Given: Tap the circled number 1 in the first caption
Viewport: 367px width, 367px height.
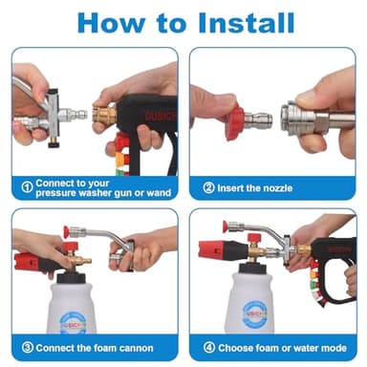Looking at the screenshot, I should [x=28, y=185].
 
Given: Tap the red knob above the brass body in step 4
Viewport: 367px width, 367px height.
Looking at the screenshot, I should [x=255, y=237].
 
